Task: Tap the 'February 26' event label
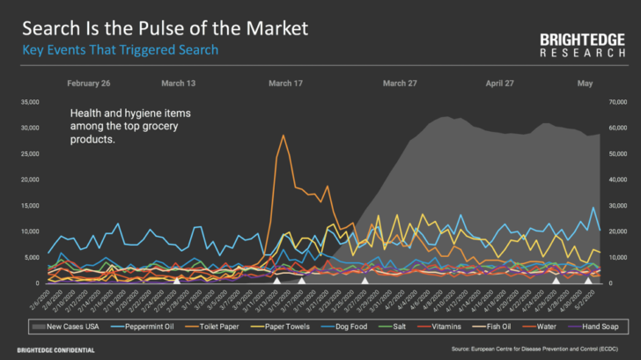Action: [88, 84]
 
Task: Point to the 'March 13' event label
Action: [179, 84]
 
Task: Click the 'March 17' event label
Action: [285, 84]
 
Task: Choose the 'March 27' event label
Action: [400, 84]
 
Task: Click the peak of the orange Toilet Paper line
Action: [283, 136]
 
